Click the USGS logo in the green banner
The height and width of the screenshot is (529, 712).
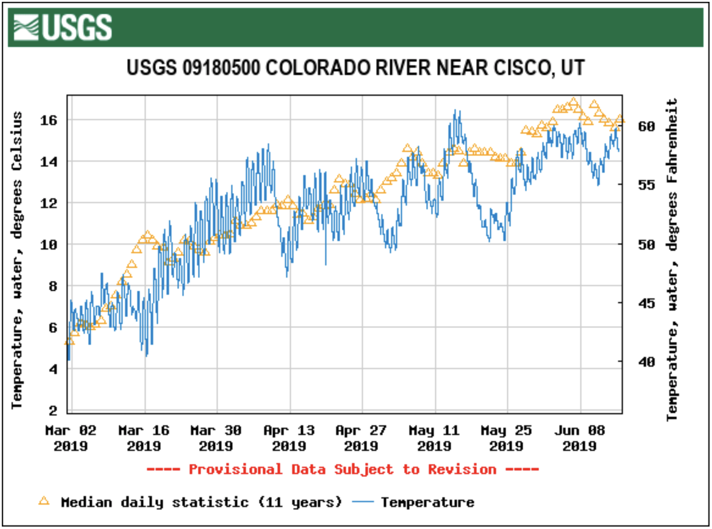point(63,27)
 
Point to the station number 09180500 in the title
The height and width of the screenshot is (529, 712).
point(221,68)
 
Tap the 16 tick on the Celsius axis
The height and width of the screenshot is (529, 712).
point(49,121)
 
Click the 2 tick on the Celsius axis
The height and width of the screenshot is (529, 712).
point(53,411)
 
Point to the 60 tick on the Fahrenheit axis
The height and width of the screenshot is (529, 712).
point(646,127)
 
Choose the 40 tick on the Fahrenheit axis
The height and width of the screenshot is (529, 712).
point(646,362)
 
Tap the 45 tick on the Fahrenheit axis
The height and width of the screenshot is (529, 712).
point(646,303)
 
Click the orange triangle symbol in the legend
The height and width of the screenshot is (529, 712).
point(44,501)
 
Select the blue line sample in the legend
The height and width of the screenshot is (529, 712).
point(363,502)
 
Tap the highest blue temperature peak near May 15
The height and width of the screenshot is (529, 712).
point(455,111)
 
